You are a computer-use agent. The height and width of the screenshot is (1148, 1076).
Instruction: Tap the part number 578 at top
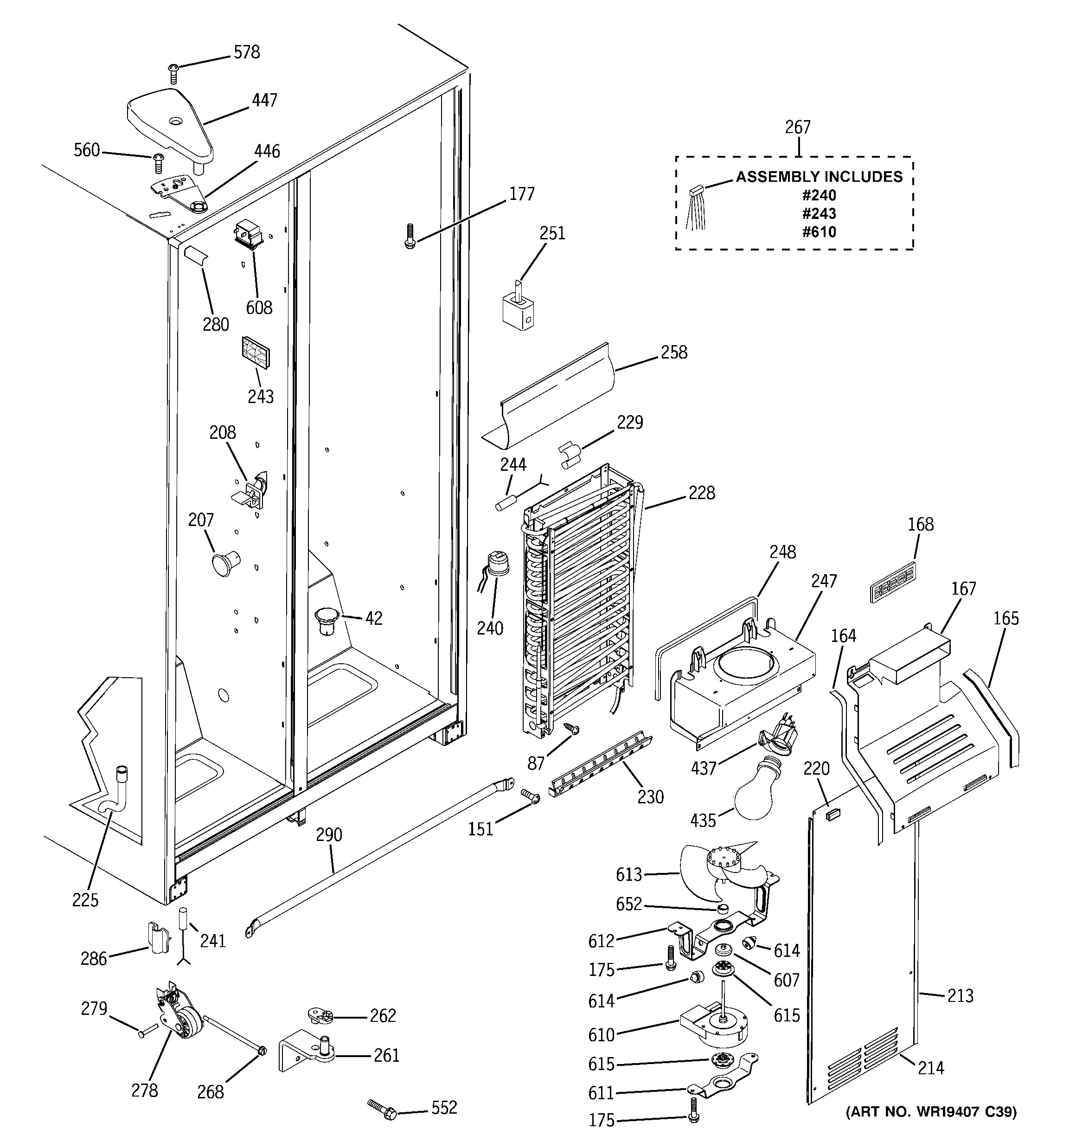(x=247, y=52)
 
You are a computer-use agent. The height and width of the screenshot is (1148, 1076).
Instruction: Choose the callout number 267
(x=798, y=127)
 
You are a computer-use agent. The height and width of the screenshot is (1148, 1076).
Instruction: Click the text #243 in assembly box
(x=819, y=214)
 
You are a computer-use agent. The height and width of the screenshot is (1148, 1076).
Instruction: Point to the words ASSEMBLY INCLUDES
(x=819, y=177)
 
